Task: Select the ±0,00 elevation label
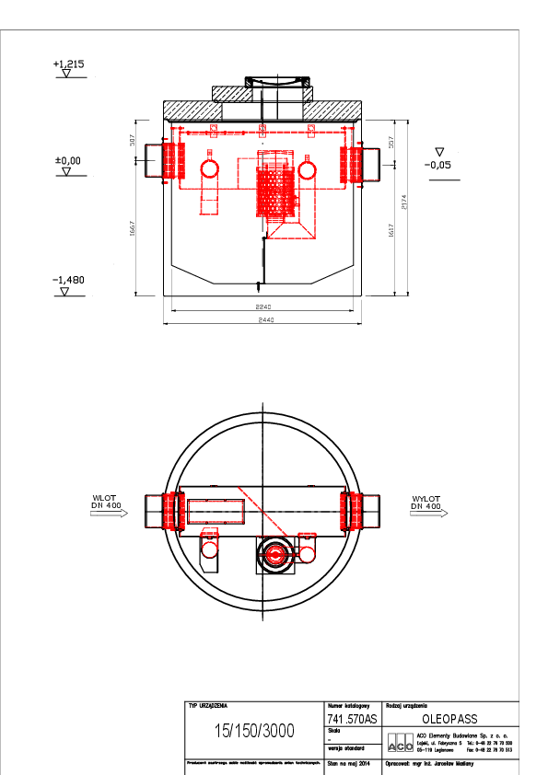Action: click(68, 160)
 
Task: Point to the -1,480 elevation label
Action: click(68, 279)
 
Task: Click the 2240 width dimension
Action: click(265, 307)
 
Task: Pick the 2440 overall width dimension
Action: click(265, 319)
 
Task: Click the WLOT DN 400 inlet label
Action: click(108, 503)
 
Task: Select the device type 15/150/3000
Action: click(253, 731)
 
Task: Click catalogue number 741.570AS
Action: click(352, 719)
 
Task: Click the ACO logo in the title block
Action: click(400, 743)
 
